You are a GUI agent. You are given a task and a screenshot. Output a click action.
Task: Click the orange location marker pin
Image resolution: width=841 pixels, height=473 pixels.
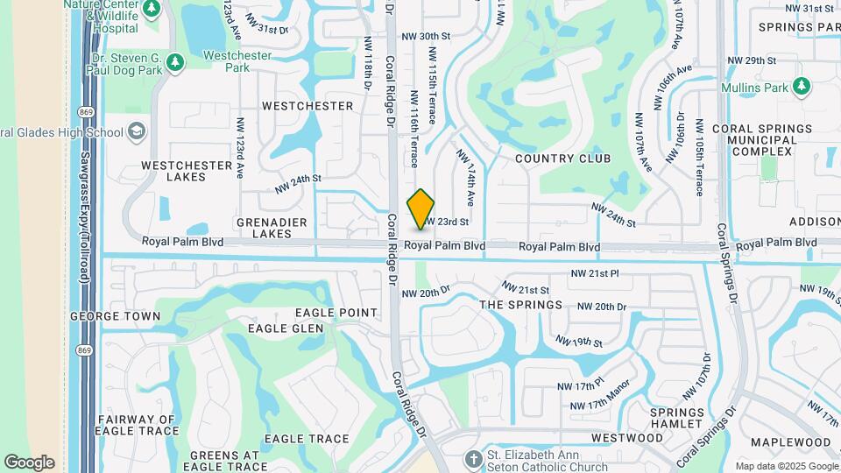[421, 210]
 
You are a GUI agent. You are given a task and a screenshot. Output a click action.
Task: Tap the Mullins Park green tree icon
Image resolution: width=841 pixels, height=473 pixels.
[801, 86]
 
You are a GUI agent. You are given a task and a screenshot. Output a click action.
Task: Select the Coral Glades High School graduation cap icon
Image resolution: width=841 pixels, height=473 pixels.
[136, 132]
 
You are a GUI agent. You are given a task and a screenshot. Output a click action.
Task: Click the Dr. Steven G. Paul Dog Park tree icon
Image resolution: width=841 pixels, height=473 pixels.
[173, 62]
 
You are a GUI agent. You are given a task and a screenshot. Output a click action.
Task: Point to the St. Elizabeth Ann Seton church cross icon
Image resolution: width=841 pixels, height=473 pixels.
[473, 459]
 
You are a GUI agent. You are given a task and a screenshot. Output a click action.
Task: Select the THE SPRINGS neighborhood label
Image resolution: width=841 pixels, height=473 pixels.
[520, 305]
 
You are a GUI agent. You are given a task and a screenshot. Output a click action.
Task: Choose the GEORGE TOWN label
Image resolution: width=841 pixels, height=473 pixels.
[115, 315]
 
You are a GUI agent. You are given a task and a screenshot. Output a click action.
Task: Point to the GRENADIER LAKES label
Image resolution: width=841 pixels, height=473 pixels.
[272, 228]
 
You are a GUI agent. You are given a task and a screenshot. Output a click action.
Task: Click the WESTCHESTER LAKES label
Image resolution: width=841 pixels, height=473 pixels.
[186, 171]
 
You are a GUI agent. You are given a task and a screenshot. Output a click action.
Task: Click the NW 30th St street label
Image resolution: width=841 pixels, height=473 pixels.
[425, 37]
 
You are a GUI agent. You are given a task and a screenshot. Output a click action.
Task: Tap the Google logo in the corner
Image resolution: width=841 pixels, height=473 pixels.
[29, 462]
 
